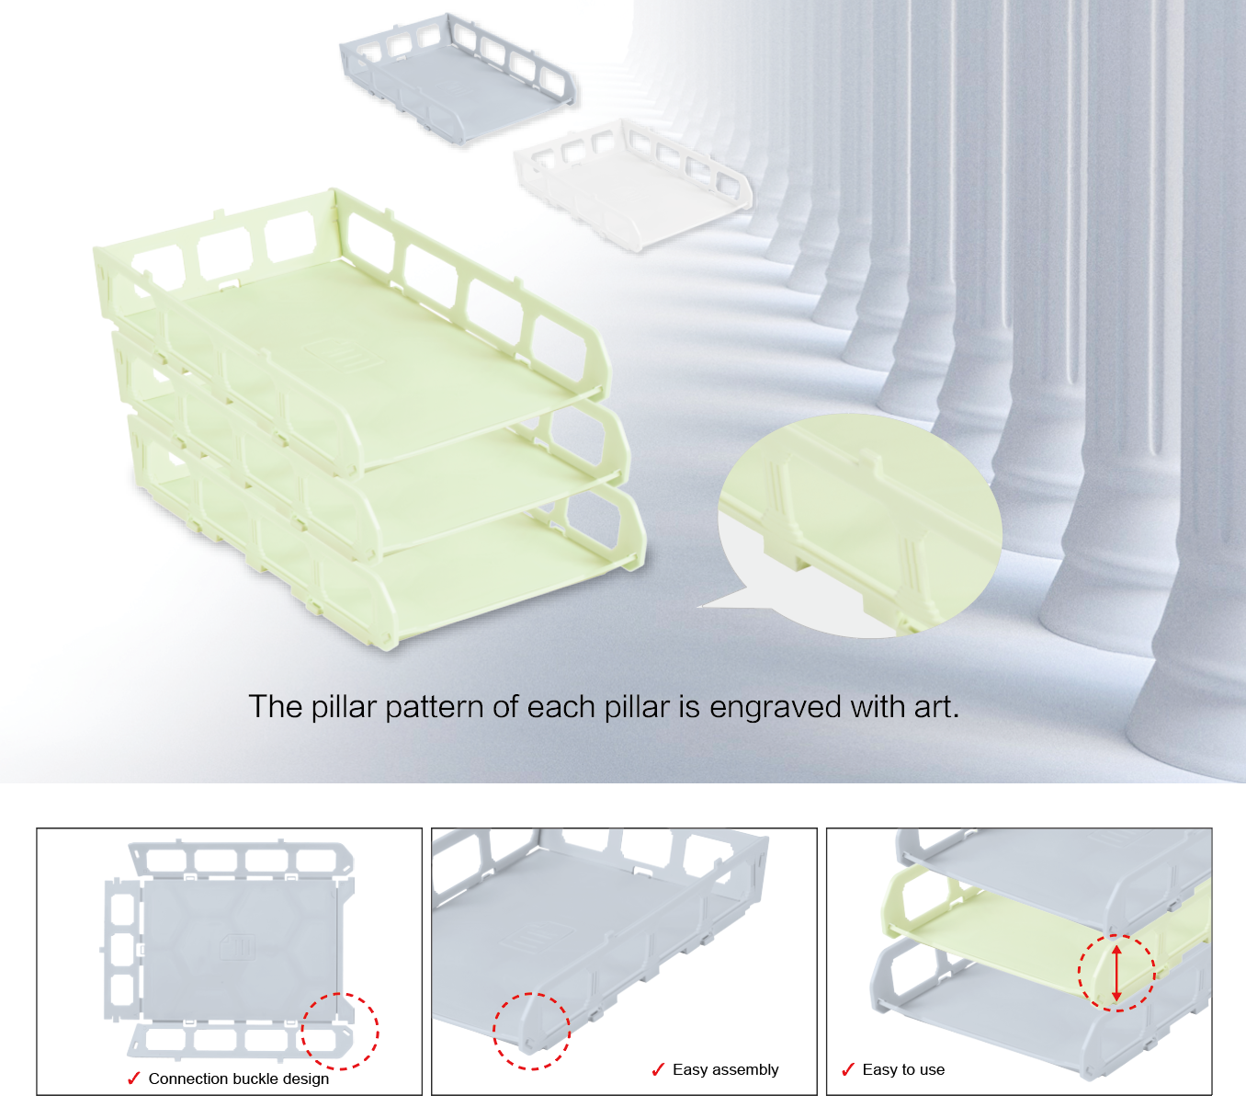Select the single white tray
(x=633, y=185)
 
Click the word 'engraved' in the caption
(x=775, y=706)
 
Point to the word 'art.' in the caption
(x=936, y=706)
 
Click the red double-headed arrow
(x=1116, y=973)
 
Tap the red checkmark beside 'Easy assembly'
(x=658, y=1069)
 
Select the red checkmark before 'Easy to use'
(x=848, y=1069)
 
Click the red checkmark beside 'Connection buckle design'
(x=133, y=1078)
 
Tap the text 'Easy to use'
(x=903, y=1070)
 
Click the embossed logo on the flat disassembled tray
(x=237, y=946)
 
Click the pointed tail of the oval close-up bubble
(x=698, y=607)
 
